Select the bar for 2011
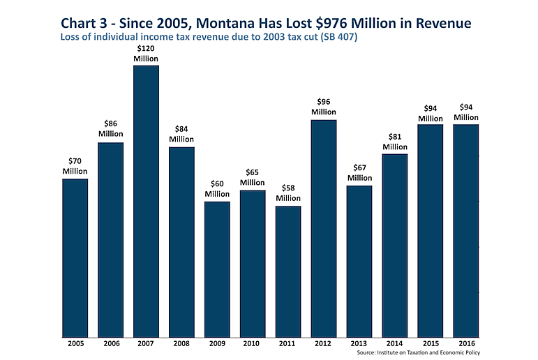tap(288, 271)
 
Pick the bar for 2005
tap(75, 257)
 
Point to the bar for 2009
tap(217, 269)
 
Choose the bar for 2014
tap(395, 245)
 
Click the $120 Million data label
tap(146, 54)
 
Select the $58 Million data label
tap(288, 193)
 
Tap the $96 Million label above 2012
tap(324, 107)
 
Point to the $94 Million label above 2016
tap(466, 112)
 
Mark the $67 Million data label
tap(359, 173)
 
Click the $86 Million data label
tap(110, 129)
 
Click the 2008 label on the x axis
tap(181, 344)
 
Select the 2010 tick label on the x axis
tap(253, 344)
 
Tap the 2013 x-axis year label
tap(359, 344)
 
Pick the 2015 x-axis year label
tap(431, 344)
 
